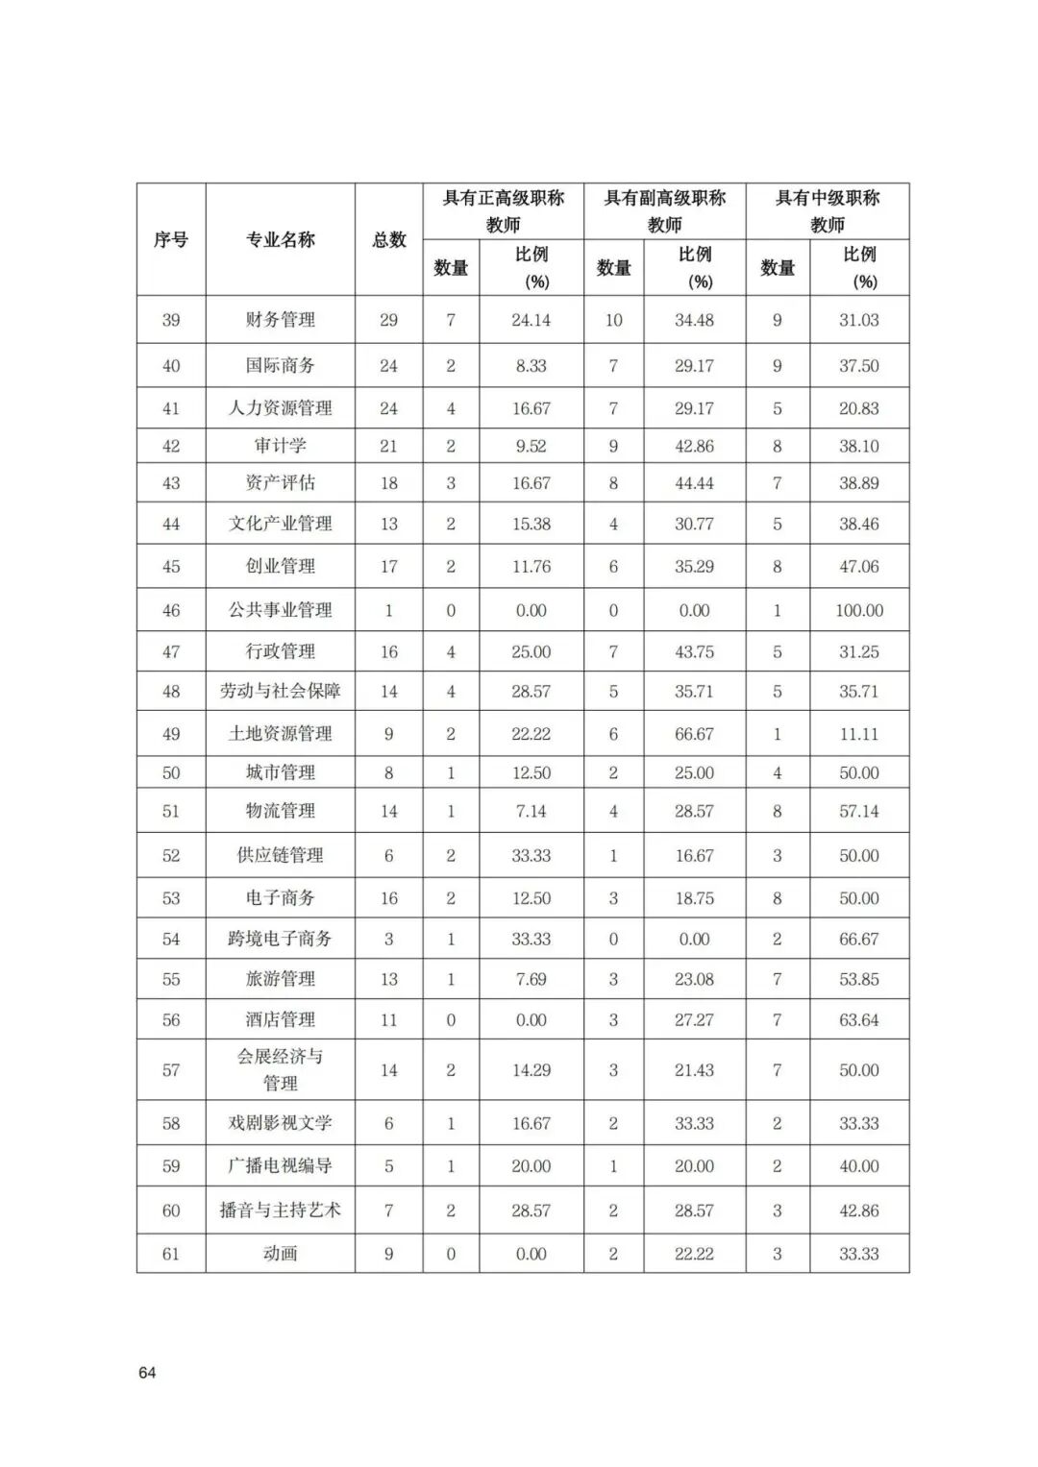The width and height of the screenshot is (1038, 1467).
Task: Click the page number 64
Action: pyautogui.click(x=147, y=1372)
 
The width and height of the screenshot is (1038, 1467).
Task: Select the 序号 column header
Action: pyautogui.click(x=171, y=239)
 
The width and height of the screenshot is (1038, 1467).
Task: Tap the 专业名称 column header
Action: pyautogui.click(x=280, y=239)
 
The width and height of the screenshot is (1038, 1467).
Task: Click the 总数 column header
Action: pyautogui.click(x=389, y=239)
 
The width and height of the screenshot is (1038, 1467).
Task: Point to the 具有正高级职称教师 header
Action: pyautogui.click(x=503, y=210)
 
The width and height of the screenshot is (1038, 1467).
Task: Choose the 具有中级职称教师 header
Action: pyautogui.click(x=828, y=210)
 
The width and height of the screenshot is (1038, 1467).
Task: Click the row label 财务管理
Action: pyautogui.click(x=280, y=320)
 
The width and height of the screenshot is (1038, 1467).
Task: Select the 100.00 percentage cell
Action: pyautogui.click(x=859, y=610)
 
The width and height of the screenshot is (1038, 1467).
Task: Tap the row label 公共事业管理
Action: pyautogui.click(x=280, y=610)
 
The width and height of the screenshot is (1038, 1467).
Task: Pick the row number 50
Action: pyautogui.click(x=171, y=772)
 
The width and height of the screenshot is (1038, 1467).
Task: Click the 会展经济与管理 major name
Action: pyautogui.click(x=280, y=1069)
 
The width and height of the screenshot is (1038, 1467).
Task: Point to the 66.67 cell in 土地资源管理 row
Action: pyautogui.click(x=694, y=734)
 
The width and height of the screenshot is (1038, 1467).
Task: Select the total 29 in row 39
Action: pyautogui.click(x=389, y=320)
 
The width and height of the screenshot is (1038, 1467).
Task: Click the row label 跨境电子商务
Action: pyautogui.click(x=280, y=939)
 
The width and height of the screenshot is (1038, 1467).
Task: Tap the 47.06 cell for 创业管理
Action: pyautogui.click(x=859, y=567)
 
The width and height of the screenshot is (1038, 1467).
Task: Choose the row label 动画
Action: pyautogui.click(x=280, y=1254)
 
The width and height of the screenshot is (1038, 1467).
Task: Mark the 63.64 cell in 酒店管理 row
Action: pyautogui.click(x=859, y=1020)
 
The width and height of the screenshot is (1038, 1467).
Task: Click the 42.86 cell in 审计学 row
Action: pyautogui.click(x=694, y=446)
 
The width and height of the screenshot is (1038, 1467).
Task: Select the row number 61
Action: pyautogui.click(x=171, y=1254)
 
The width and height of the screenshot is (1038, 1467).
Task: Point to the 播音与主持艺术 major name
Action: pyautogui.click(x=280, y=1210)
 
